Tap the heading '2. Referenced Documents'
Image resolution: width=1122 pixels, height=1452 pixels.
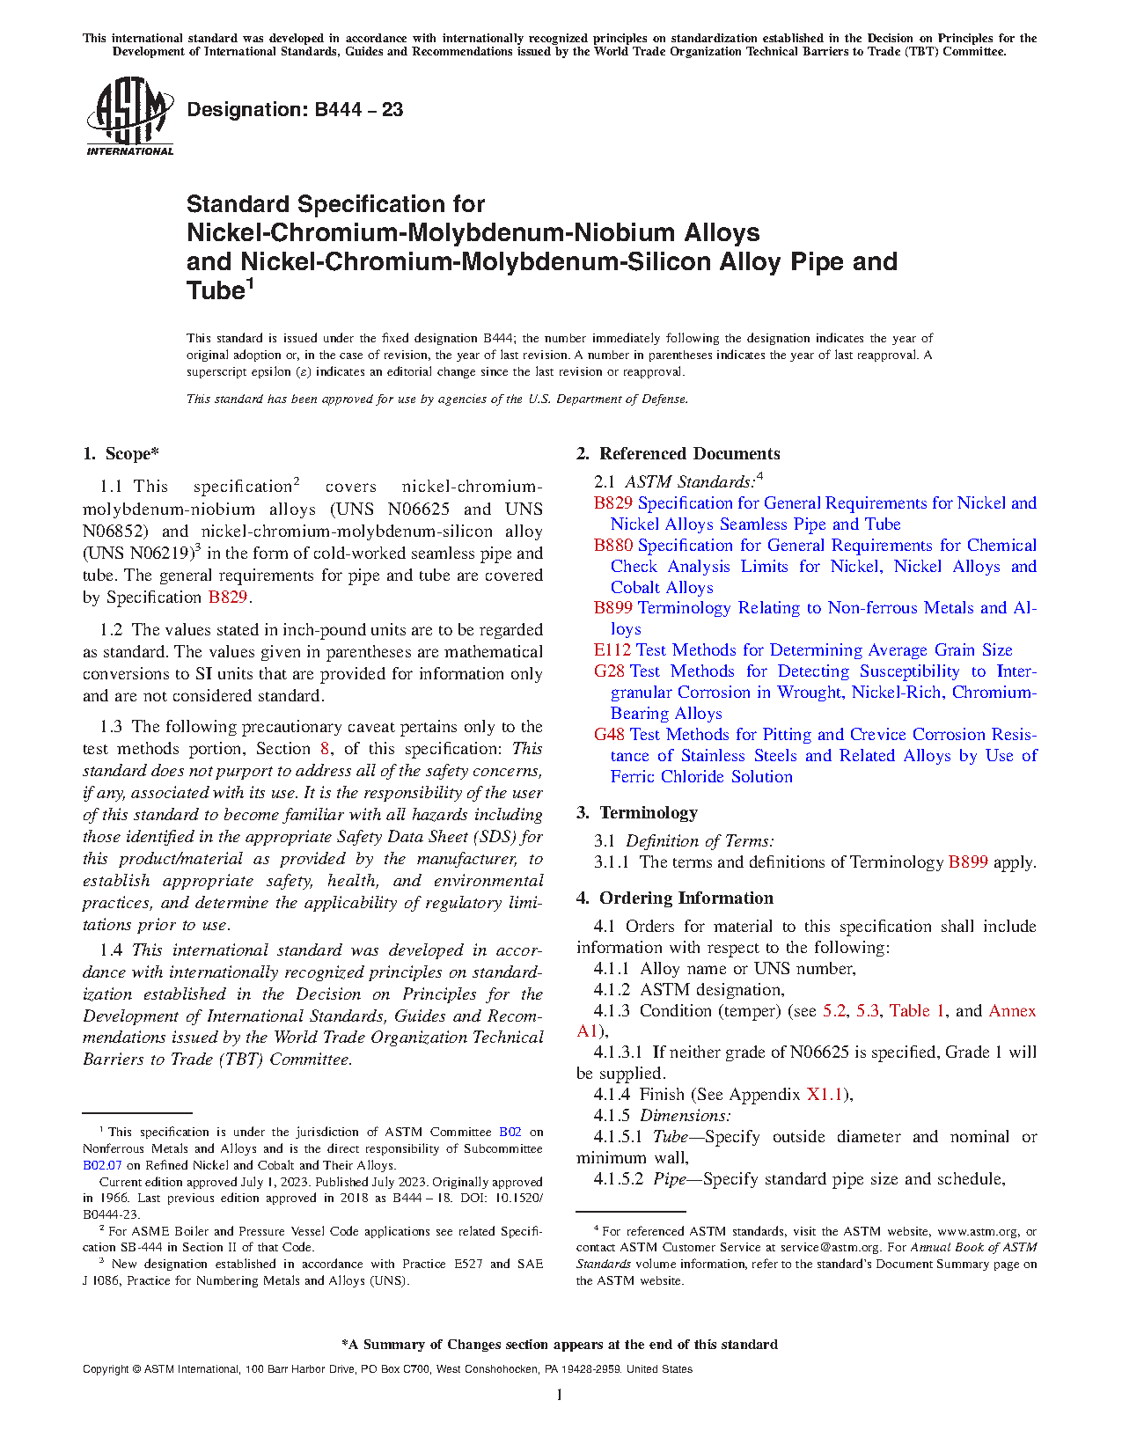678,454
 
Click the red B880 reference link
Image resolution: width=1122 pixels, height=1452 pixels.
613,546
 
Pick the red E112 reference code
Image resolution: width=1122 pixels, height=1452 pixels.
612,650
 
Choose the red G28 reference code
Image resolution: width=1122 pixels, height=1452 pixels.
610,671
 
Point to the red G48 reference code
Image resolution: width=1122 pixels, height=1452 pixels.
610,735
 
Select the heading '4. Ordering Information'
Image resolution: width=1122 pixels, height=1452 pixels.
675,898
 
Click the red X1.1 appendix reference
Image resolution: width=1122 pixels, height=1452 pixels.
825,1095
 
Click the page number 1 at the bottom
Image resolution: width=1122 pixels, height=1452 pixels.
560,1395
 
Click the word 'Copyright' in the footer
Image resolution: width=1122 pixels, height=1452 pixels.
106,1369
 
